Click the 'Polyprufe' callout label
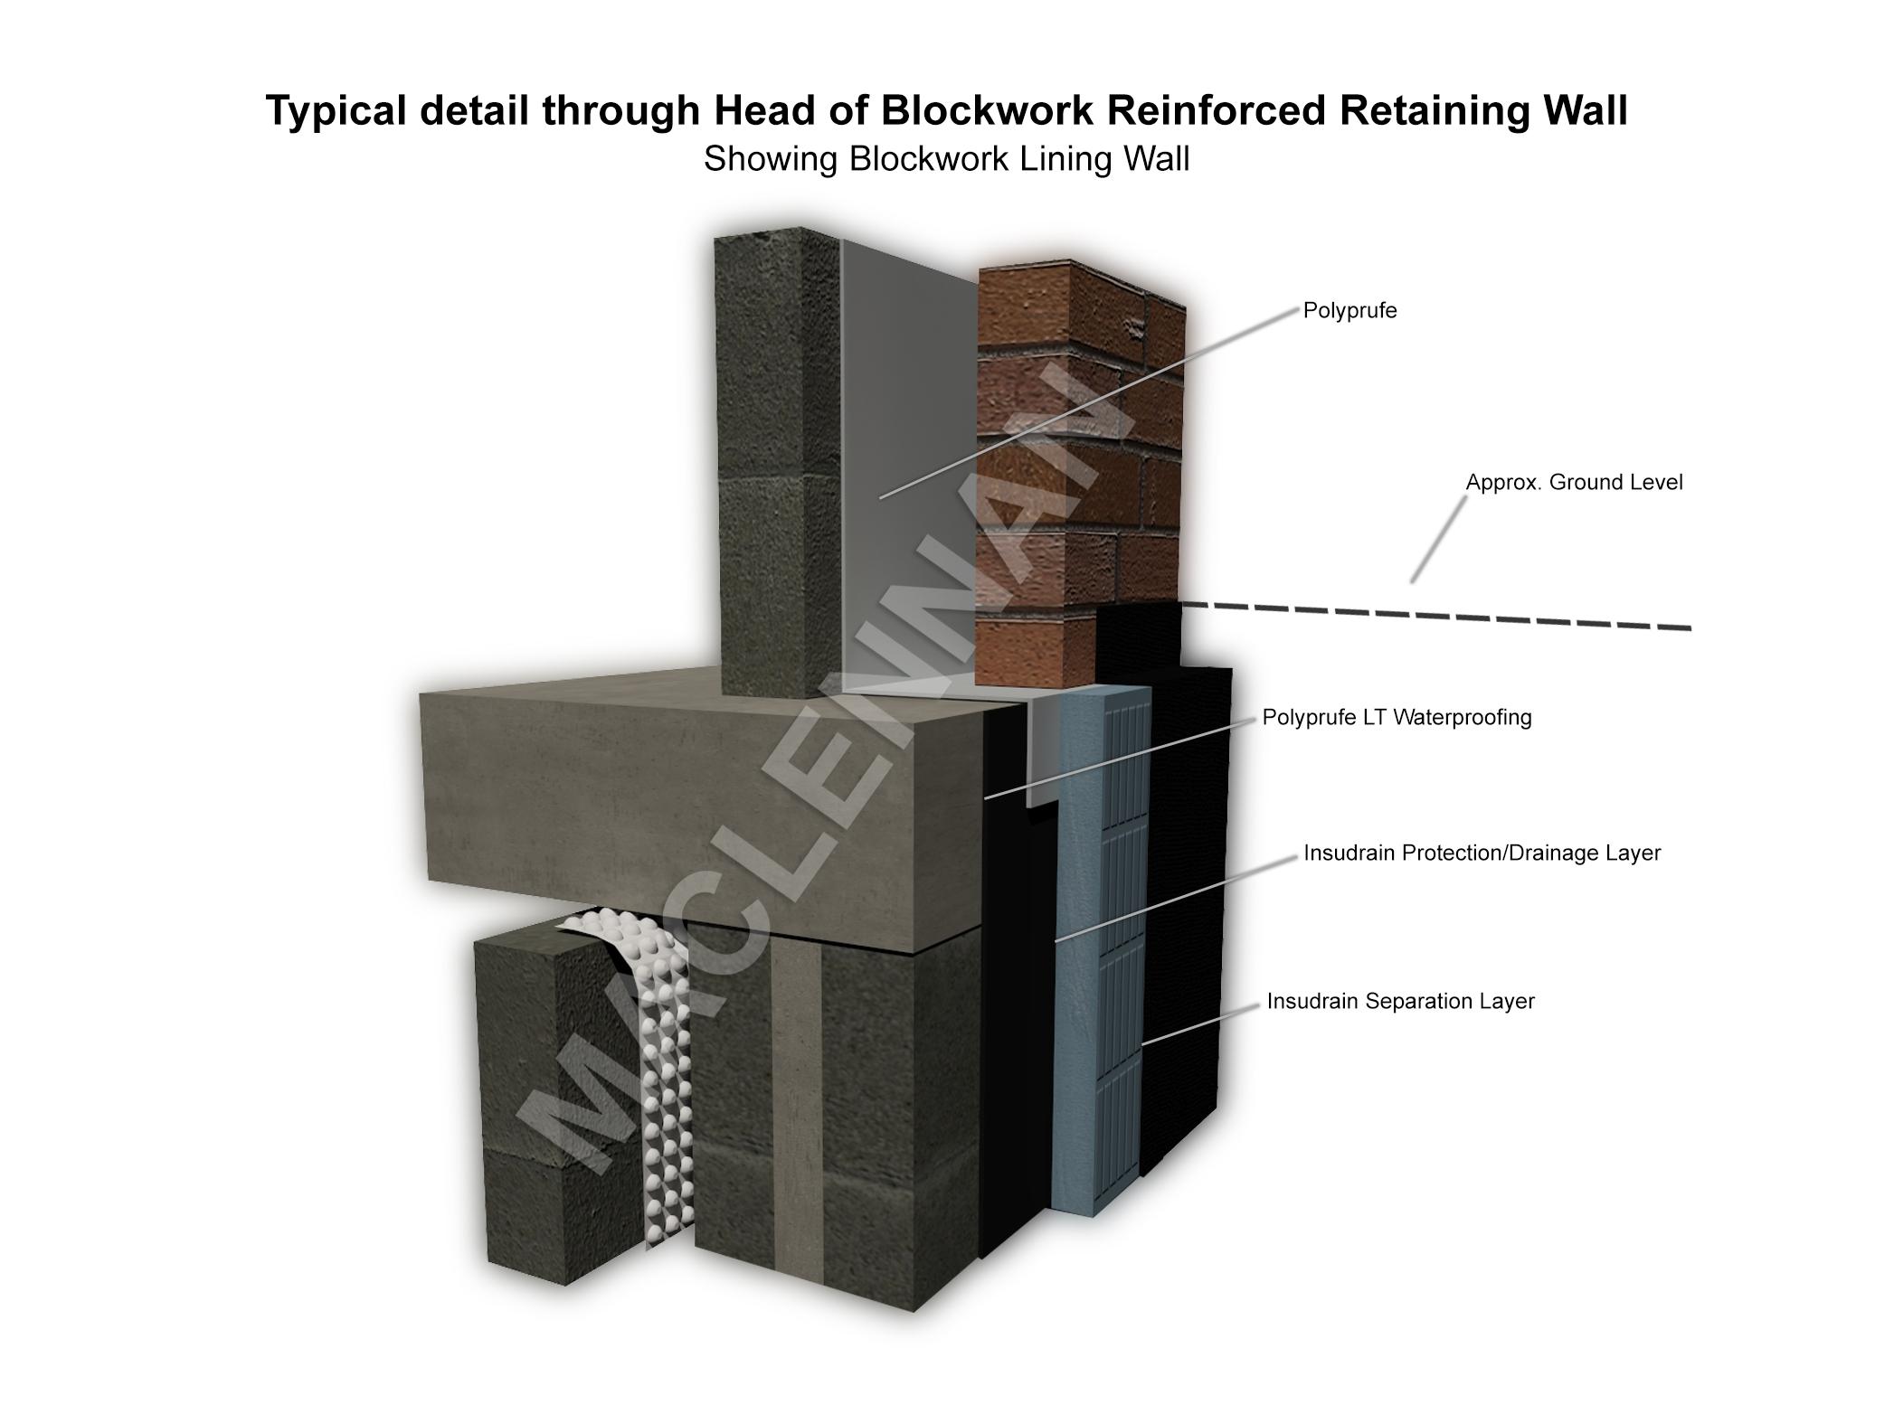pos(1349,311)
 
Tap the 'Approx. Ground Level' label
pos(1574,483)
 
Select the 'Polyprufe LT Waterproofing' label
pos(1397,718)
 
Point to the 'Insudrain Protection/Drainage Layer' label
pos(1482,853)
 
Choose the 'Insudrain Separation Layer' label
pos(1400,1002)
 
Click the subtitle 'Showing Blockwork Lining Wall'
pos(946,159)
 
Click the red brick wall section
pos(1076,452)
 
